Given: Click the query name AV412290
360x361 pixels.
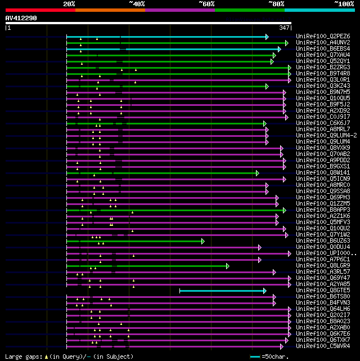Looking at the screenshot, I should (21, 18).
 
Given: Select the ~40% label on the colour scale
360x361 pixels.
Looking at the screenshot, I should (137, 3).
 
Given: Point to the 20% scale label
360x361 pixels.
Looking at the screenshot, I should (69, 3).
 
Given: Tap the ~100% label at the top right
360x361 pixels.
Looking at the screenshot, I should (343, 3).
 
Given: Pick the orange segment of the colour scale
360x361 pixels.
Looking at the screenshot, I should (110, 10).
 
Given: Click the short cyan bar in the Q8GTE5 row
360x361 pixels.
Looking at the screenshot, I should (222, 291).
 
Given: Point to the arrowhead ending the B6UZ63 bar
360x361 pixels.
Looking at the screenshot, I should (202, 241).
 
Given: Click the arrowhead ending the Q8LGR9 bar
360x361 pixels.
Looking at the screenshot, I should (228, 266).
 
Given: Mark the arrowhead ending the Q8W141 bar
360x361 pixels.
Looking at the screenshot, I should (257, 173).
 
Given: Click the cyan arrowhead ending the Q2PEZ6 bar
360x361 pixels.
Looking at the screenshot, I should (267, 37).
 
